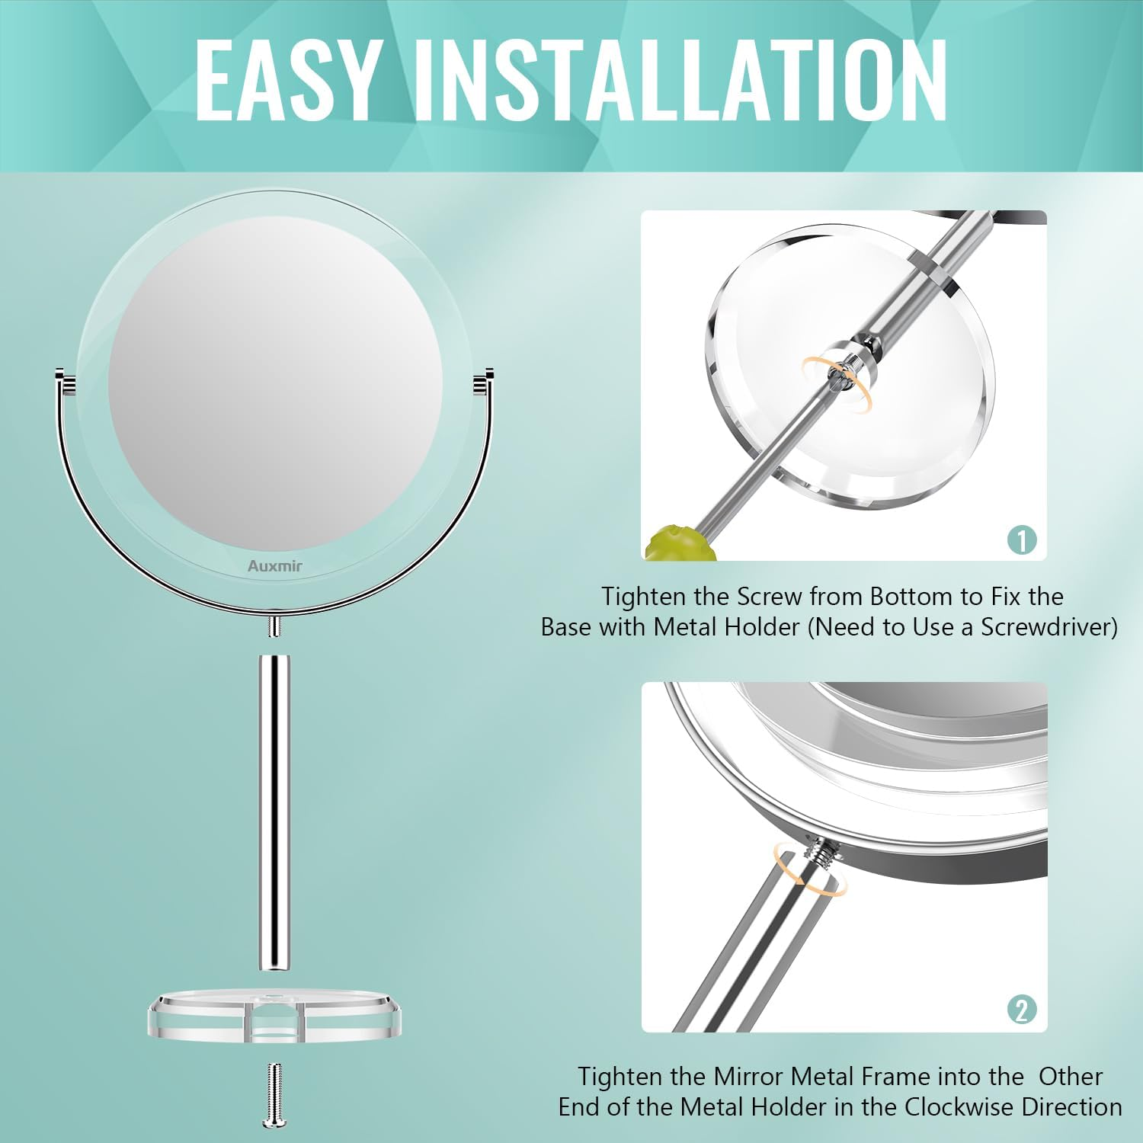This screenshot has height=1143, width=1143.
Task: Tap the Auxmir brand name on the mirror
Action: tap(274, 566)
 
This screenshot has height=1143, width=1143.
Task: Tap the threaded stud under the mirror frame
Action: tap(275, 627)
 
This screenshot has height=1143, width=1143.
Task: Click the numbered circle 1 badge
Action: tap(1022, 539)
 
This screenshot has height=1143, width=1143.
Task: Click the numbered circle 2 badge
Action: tap(1022, 1010)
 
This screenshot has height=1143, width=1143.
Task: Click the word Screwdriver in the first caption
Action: tap(1045, 627)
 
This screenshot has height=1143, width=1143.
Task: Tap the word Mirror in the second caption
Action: tap(748, 1077)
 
